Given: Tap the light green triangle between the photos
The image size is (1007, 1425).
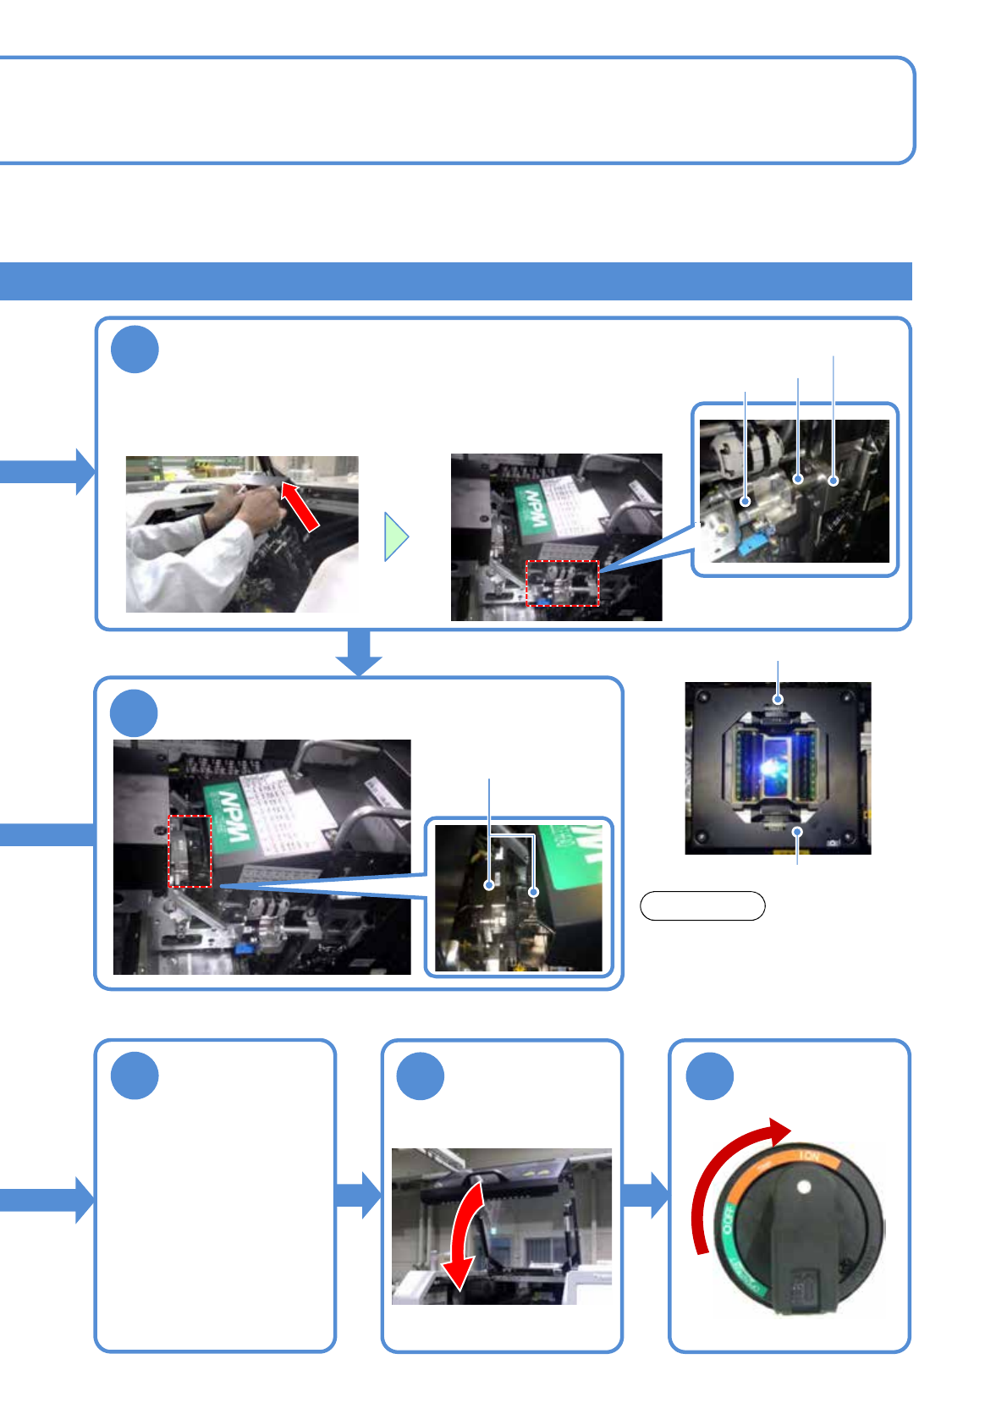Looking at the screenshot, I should pos(395,536).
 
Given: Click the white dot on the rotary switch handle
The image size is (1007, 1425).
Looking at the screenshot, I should pos(804,1187).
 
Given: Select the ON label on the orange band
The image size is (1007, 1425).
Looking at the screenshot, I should pos(809,1157).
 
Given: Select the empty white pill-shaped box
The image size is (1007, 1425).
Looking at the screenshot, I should pos(702,905).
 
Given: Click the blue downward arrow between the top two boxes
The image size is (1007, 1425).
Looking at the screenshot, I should pos(359,652).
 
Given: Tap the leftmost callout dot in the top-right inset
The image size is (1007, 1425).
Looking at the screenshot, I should pos(746,501).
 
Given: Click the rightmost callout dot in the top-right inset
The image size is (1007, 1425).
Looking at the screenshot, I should pos(834,481).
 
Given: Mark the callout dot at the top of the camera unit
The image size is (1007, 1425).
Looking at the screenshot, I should pos(778,699).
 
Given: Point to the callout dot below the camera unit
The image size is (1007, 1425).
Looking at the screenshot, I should pos(797,833).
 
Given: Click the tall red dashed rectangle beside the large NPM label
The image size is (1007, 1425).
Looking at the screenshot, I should pos(190,851).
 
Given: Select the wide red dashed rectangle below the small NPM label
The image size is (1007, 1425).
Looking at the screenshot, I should pos(562,583).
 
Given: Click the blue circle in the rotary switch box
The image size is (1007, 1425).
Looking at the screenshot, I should pos(709,1076).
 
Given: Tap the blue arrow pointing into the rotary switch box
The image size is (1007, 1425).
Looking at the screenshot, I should pos(647,1195).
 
